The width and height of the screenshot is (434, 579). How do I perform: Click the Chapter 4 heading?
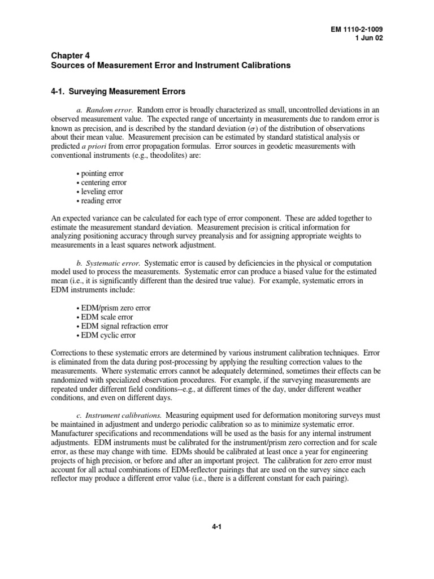point(67,55)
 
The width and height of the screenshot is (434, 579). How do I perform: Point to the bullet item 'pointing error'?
point(99,174)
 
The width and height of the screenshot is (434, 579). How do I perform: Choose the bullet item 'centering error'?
point(101,183)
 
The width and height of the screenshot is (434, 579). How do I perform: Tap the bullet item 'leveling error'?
point(99,192)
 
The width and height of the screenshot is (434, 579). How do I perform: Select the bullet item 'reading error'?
point(98,201)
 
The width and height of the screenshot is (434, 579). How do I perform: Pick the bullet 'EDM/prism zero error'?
point(113,308)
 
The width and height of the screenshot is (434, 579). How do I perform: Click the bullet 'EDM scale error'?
point(105,317)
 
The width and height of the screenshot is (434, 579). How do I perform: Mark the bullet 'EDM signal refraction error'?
point(121,326)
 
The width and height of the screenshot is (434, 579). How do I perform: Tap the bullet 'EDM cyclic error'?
point(106,335)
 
